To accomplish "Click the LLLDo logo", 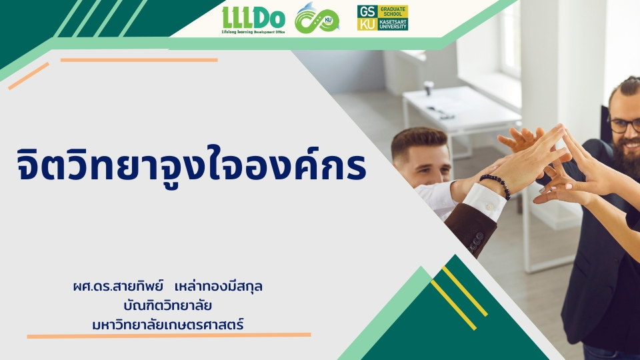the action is pyautogui.click(x=253, y=20).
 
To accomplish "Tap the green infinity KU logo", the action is pyautogui.click(x=317, y=19).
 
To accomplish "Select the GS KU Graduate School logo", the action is pyautogui.click(x=383, y=18).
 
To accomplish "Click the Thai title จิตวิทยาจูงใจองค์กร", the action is pyautogui.click(x=192, y=165).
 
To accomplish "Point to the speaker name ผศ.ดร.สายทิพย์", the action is pyautogui.click(x=119, y=286).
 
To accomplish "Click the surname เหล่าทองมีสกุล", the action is pyautogui.click(x=219, y=286).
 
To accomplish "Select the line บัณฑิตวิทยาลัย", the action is pyautogui.click(x=168, y=305).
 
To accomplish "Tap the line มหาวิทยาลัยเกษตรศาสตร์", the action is pyautogui.click(x=168, y=325).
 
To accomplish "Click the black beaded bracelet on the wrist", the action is pyautogui.click(x=496, y=184).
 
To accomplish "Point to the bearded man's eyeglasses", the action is pyautogui.click(x=625, y=125).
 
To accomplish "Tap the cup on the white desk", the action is pyautogui.click(x=428, y=88).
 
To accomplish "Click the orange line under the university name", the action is pyautogui.click(x=169, y=335).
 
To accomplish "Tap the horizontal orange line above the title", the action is pyautogui.click(x=139, y=60).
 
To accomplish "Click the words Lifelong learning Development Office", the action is pyautogui.click(x=253, y=32).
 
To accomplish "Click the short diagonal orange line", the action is pyautogui.click(x=29, y=76).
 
